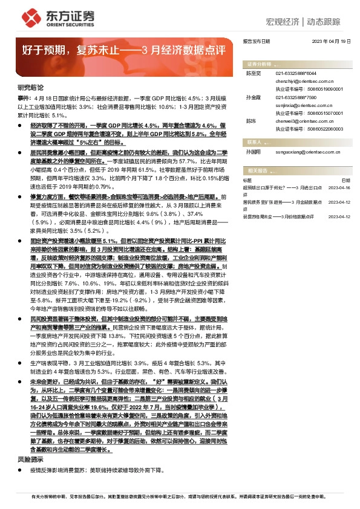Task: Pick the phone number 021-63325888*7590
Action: (x=296, y=97)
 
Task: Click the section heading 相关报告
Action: (x=258, y=171)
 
